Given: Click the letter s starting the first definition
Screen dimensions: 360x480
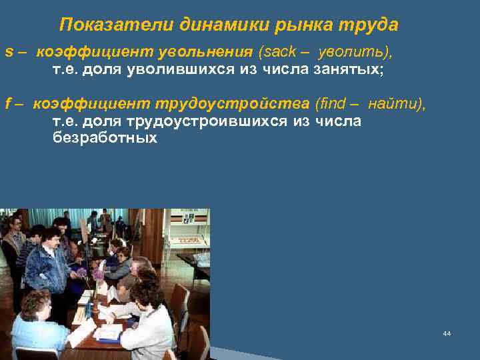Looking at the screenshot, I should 8,52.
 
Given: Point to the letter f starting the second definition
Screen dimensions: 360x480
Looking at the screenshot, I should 7,104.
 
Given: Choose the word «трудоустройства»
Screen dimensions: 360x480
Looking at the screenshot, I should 233,104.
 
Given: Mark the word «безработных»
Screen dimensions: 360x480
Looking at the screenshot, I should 105,138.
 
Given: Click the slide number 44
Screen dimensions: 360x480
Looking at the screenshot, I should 447,333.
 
